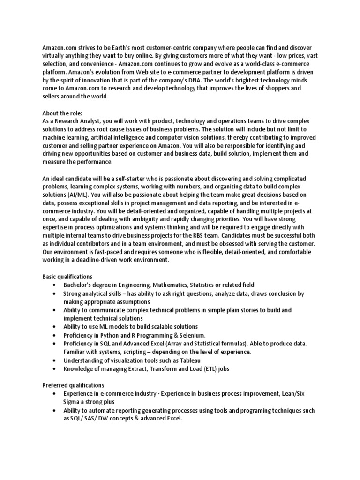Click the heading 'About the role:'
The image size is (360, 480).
[x=62, y=113]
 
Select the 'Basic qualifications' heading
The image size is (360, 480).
[x=67, y=277]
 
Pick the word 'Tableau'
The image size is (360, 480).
[x=189, y=360]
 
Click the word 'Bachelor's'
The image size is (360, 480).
[x=79, y=285]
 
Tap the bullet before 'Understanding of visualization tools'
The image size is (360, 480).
[x=54, y=360]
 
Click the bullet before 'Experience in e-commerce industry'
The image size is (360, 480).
[x=54, y=393]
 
